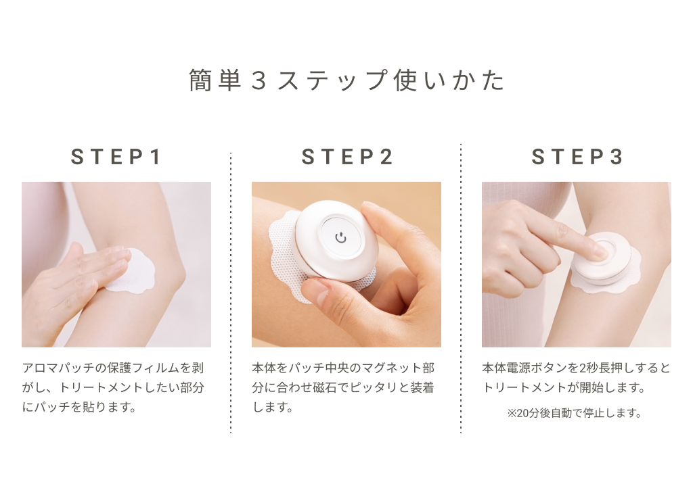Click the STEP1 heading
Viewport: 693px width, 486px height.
tap(116, 157)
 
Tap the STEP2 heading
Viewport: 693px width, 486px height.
tap(347, 157)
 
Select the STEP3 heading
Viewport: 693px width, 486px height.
tap(577, 157)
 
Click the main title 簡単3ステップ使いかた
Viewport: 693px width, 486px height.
tap(346, 80)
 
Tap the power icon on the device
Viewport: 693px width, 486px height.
tap(341, 238)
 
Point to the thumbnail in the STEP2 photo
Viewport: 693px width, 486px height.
tap(317, 292)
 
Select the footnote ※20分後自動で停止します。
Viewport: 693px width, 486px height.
tap(574, 413)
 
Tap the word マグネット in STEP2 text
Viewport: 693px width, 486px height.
tap(386, 368)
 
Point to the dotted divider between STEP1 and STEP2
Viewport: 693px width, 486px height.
tap(231, 293)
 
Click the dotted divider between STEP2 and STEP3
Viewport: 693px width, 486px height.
tap(461, 288)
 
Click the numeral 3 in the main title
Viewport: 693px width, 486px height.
tap(259, 81)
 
